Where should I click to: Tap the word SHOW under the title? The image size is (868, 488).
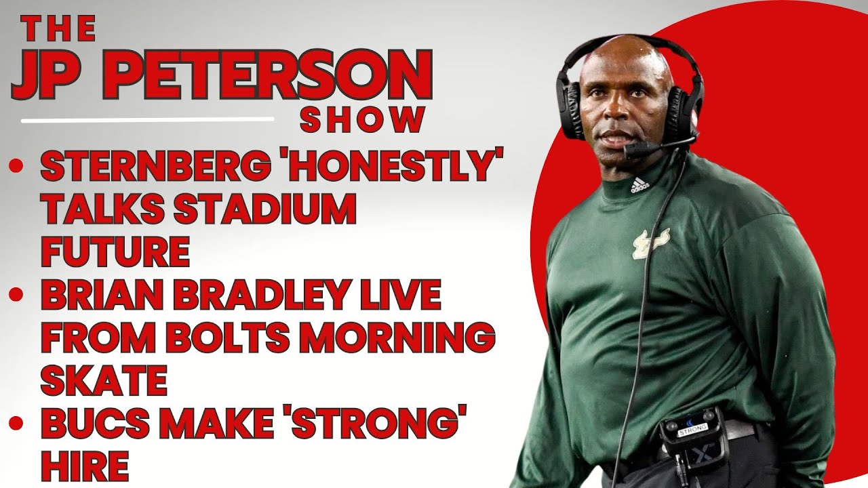pyautogui.click(x=361, y=121)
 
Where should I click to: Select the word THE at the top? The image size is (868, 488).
pyautogui.click(x=58, y=29)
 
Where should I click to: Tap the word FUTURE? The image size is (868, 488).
pyautogui.click(x=115, y=251)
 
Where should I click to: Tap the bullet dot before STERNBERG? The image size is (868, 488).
pyautogui.click(x=16, y=166)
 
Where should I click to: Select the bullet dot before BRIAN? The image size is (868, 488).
pyautogui.click(x=16, y=294)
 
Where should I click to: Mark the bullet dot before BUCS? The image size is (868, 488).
pyautogui.click(x=16, y=422)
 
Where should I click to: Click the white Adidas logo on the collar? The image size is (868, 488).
pyautogui.click(x=639, y=186)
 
